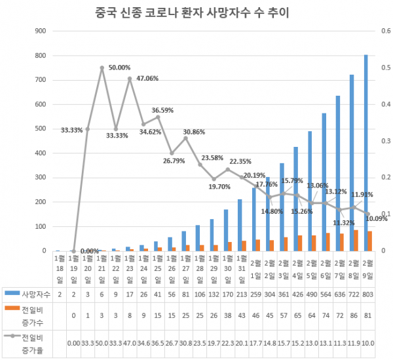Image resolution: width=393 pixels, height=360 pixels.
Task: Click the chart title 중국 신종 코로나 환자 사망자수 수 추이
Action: (196, 12)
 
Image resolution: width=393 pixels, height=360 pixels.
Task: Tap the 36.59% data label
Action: (163, 110)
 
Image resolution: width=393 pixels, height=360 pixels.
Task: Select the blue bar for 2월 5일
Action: (310, 191)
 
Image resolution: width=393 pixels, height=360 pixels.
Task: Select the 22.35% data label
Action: (240, 161)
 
